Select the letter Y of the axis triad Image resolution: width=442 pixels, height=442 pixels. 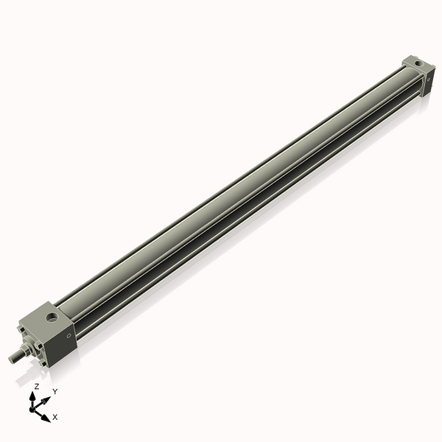pyautogui.click(x=55, y=391)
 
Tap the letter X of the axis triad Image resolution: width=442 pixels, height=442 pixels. pyautogui.click(x=55, y=417)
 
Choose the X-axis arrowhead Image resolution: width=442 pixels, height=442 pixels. pyautogui.click(x=46, y=416)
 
